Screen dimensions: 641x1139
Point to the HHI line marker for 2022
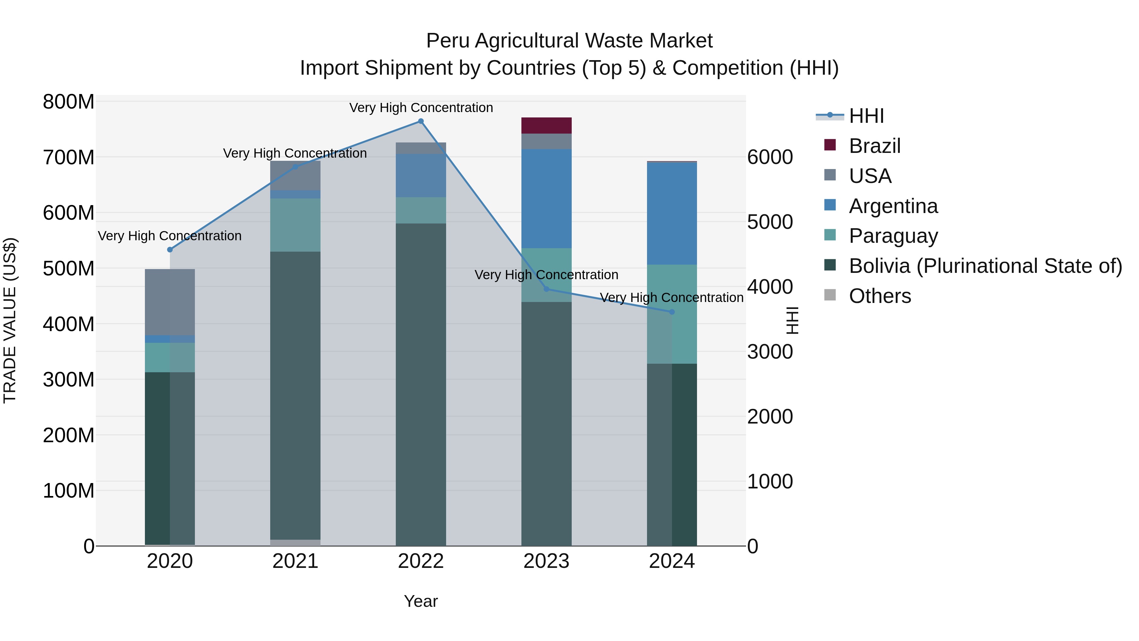420,121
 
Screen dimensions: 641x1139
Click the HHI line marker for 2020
170,249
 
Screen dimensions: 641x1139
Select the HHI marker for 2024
672,312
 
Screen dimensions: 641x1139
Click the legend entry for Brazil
874,146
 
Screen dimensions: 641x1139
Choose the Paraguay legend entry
893,236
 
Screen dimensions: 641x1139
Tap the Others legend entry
880,296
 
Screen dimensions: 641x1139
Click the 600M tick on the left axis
69,213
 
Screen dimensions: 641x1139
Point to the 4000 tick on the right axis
770,287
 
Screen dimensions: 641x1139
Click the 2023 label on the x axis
546,561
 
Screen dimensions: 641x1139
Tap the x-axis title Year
420,601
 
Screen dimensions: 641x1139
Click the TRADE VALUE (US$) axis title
10,320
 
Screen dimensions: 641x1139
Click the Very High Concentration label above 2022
420,108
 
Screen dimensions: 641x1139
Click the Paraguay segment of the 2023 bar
546,275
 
